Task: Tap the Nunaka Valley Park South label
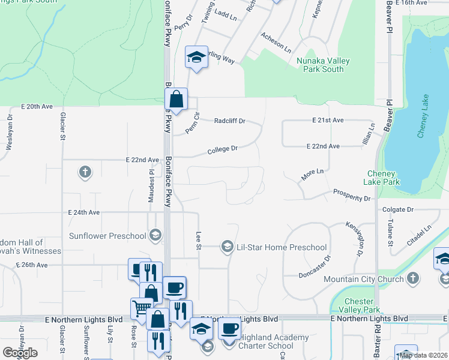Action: pyautogui.click(x=321, y=65)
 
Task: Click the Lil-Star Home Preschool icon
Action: pyautogui.click(x=228, y=247)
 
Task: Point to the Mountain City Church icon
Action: pyautogui.click(x=412, y=278)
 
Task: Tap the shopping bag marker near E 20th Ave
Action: pyautogui.click(x=176, y=99)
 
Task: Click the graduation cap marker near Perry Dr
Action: pyautogui.click(x=196, y=57)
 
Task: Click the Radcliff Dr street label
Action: pyautogui.click(x=230, y=121)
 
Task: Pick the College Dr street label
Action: pyautogui.click(x=223, y=148)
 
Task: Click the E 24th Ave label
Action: pyautogui.click(x=84, y=212)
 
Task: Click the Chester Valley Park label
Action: pyautogui.click(x=359, y=305)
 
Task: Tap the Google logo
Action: pyautogui.click(x=20, y=353)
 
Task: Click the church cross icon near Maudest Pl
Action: pyautogui.click(x=85, y=173)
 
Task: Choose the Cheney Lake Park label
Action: pyautogui.click(x=383, y=178)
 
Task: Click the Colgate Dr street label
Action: pyautogui.click(x=399, y=209)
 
